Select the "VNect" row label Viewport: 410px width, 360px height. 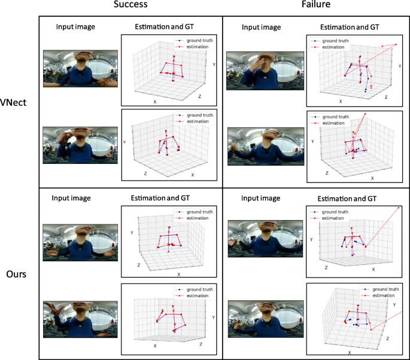point(19,102)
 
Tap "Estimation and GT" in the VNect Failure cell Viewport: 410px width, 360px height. point(349,27)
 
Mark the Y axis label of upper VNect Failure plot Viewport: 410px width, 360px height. point(399,66)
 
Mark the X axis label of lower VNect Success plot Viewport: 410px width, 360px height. point(193,175)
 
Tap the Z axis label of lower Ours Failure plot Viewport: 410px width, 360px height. point(387,338)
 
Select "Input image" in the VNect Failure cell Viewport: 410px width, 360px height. point(261,27)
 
